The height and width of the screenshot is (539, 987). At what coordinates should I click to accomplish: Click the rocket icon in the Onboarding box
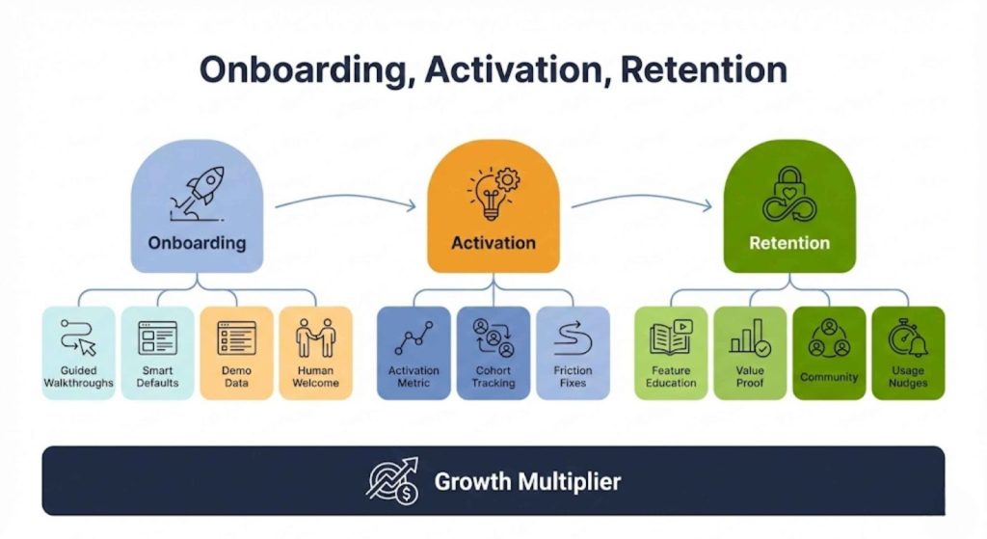[x=199, y=188]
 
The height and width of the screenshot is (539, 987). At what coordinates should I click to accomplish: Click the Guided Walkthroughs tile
[x=79, y=354]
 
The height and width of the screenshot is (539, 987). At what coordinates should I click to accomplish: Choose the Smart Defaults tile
[x=157, y=354]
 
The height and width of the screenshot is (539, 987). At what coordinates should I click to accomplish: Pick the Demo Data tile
[x=236, y=354]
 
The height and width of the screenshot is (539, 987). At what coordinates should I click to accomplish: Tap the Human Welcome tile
[x=315, y=354]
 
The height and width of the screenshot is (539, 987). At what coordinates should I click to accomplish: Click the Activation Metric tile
[x=413, y=354]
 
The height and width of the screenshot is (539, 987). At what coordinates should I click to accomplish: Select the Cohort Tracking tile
[x=493, y=354]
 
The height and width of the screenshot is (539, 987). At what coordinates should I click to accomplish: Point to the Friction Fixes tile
[x=573, y=354]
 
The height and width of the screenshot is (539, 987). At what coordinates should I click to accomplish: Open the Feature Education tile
[x=671, y=354]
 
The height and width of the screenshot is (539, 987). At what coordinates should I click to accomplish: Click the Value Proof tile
[x=750, y=354]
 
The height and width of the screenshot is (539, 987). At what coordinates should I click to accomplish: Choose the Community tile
[x=829, y=354]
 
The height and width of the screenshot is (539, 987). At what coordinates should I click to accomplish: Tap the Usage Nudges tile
[x=908, y=354]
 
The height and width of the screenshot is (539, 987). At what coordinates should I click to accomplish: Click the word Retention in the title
[x=705, y=70]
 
